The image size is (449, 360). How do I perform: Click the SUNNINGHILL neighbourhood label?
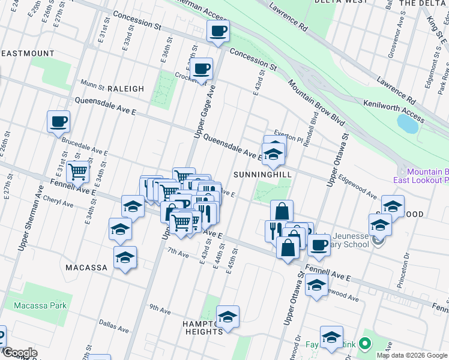(263, 174)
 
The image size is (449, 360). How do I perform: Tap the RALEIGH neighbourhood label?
(125, 89)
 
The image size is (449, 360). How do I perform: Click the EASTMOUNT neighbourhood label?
(28, 53)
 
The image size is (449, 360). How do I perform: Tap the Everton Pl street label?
(286, 133)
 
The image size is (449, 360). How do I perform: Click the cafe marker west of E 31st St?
(59, 122)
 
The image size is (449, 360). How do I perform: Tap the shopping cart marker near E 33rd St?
(78, 172)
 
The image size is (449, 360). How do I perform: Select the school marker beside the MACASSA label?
(125, 258)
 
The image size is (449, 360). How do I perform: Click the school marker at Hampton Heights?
(228, 317)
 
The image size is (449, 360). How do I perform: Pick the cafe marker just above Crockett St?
(202, 69)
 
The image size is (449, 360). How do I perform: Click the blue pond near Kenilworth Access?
(408, 124)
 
